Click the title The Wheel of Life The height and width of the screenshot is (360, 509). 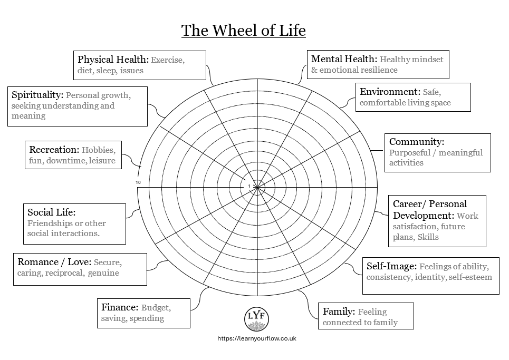click(x=244, y=31)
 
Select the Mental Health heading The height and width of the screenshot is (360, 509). click(x=344, y=59)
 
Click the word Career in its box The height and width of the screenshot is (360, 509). click(x=407, y=204)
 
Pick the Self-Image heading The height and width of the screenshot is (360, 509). click(x=391, y=266)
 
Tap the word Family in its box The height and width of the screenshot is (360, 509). click(x=337, y=311)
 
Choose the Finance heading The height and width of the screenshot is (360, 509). click(x=120, y=307)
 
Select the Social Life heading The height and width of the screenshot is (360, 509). click(x=52, y=212)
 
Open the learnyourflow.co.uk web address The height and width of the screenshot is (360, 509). click(x=257, y=338)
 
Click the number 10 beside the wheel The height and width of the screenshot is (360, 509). click(x=138, y=182)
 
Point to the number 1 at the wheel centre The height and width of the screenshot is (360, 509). click(x=249, y=186)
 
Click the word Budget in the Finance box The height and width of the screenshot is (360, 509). click(x=156, y=307)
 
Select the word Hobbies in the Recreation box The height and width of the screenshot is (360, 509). click(x=99, y=150)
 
